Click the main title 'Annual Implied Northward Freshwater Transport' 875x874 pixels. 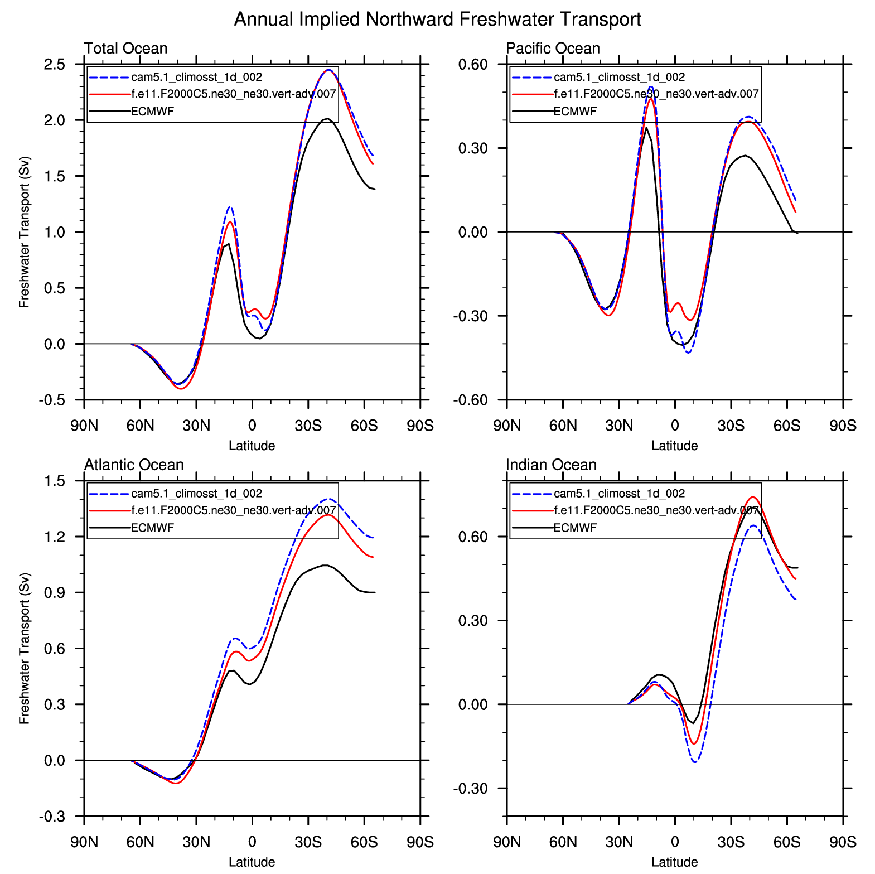pos(437,20)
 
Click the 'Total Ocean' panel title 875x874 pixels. pos(125,49)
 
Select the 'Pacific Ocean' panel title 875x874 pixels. pos(553,49)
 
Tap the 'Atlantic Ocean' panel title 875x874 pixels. pos(134,465)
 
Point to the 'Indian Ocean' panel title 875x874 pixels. pos(551,465)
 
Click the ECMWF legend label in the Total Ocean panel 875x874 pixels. pos(152,111)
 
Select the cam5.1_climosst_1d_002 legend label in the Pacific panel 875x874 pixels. pos(619,77)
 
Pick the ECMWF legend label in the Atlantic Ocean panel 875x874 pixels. pos(152,528)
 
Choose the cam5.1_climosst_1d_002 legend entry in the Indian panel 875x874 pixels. pos(619,494)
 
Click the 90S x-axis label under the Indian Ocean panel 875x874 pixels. pos(843,842)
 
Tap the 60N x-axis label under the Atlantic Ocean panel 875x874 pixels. pos(140,842)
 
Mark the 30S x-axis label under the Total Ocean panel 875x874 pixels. pos(308,426)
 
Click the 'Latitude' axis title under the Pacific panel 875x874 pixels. pos(674,446)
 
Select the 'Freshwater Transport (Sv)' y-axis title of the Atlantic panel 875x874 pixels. pos(24,649)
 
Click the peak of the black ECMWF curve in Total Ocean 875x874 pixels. pos(328,118)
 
